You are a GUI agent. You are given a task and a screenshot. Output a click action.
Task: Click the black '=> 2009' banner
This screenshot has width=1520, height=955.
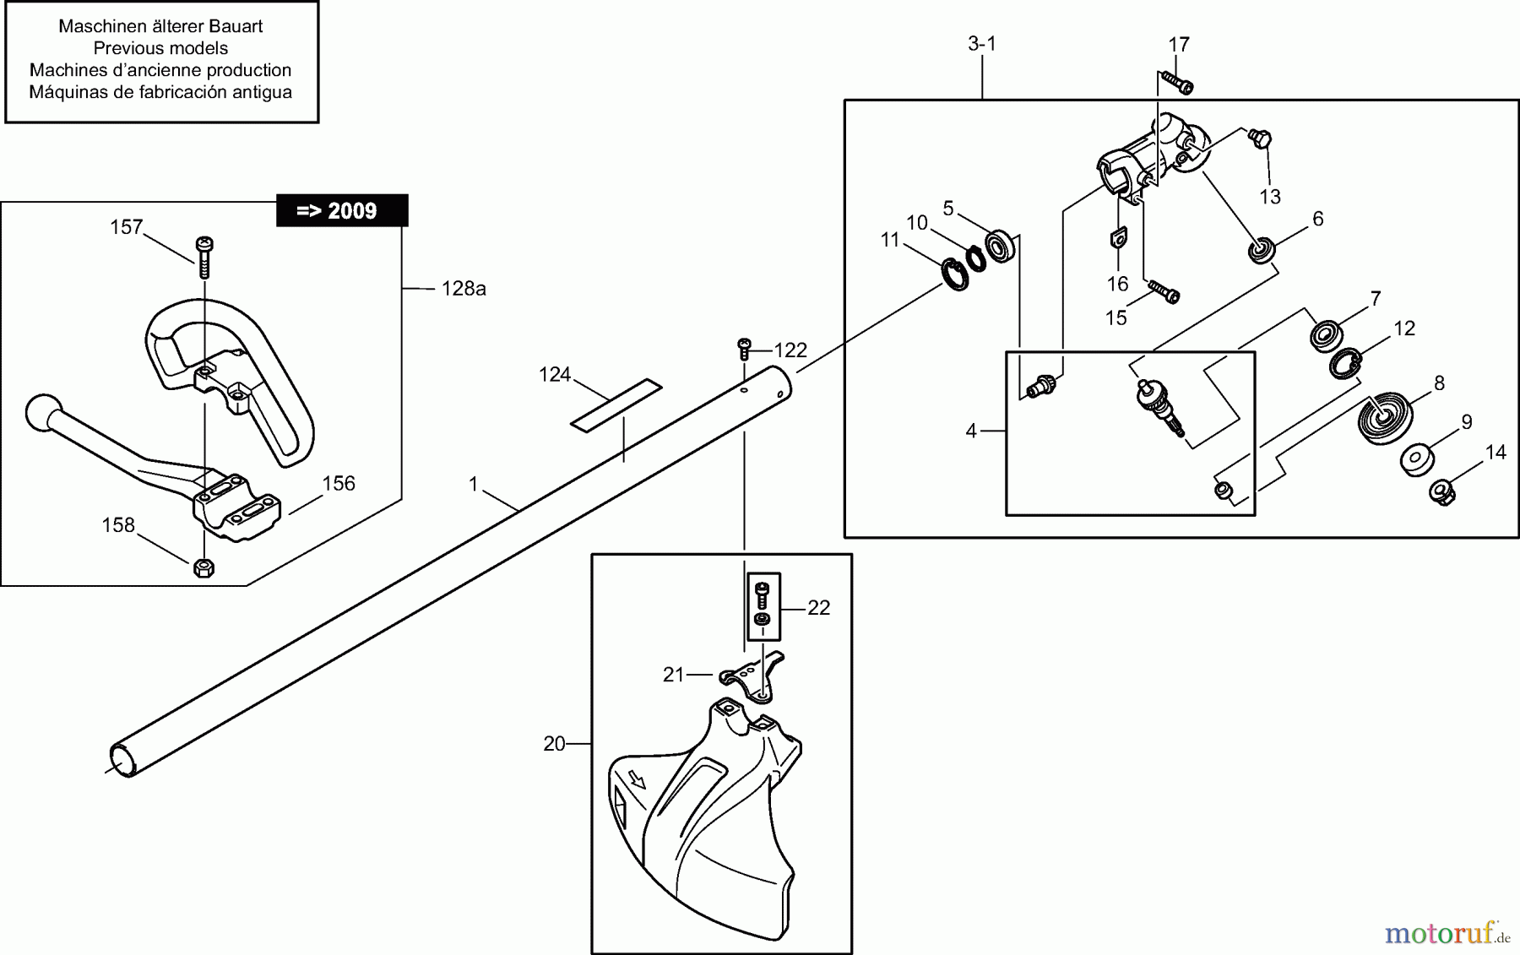click(x=342, y=210)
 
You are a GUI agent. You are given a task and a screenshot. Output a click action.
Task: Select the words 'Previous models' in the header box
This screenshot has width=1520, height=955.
click(x=160, y=48)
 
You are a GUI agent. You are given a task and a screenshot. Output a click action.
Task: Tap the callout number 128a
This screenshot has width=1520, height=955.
click(x=464, y=289)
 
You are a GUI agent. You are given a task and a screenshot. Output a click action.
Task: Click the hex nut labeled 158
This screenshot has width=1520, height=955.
click(x=203, y=567)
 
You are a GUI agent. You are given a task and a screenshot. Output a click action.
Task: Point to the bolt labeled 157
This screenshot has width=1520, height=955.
click(x=204, y=255)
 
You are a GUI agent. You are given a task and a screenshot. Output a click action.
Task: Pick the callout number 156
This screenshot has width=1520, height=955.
click(x=339, y=483)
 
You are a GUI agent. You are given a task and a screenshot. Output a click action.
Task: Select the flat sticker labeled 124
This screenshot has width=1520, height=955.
click(x=616, y=404)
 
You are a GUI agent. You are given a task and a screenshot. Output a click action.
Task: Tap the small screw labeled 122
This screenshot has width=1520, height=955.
click(x=744, y=345)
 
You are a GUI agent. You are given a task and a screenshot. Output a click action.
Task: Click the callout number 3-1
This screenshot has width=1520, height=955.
click(x=982, y=44)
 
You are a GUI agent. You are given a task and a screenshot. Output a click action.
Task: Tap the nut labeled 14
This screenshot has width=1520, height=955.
click(x=1441, y=491)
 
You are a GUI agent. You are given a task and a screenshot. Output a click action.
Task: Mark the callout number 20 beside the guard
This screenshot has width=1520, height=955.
click(x=554, y=744)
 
